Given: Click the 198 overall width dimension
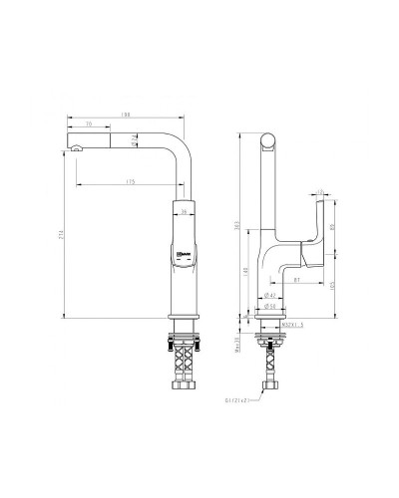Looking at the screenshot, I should point(125,115).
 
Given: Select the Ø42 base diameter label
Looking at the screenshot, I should point(269,296).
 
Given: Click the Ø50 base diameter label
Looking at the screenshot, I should point(269,307).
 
